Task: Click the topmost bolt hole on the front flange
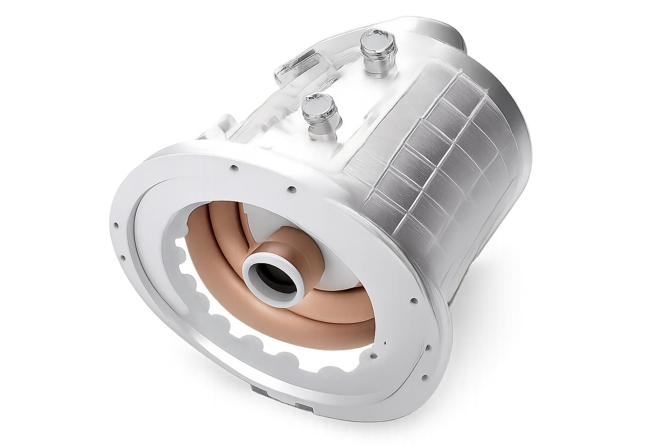point(234,168)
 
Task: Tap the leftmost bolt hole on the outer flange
point(116,226)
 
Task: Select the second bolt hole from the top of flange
point(292,189)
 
